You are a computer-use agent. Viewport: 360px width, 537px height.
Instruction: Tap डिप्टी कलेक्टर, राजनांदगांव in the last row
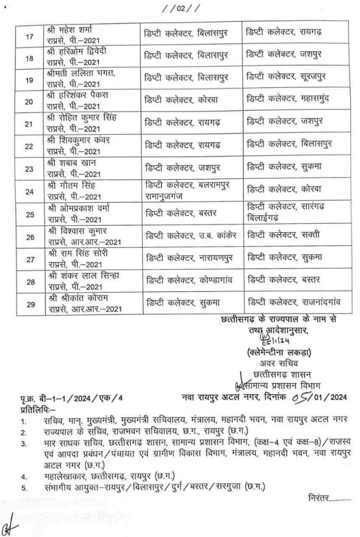[293, 304]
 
